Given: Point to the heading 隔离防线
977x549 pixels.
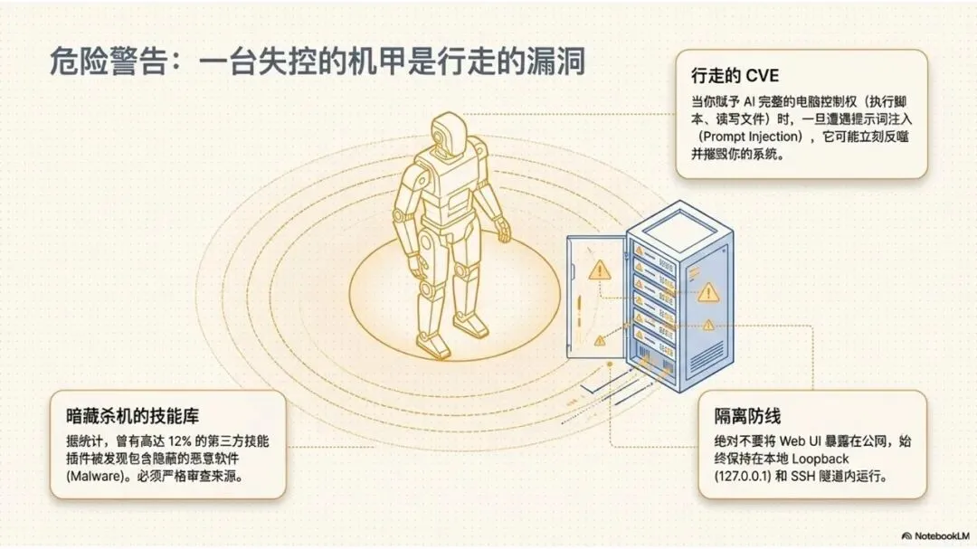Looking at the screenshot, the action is [746, 417].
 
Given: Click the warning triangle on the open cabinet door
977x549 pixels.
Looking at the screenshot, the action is [598, 270].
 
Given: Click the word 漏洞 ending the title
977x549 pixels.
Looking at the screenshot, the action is [559, 62].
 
